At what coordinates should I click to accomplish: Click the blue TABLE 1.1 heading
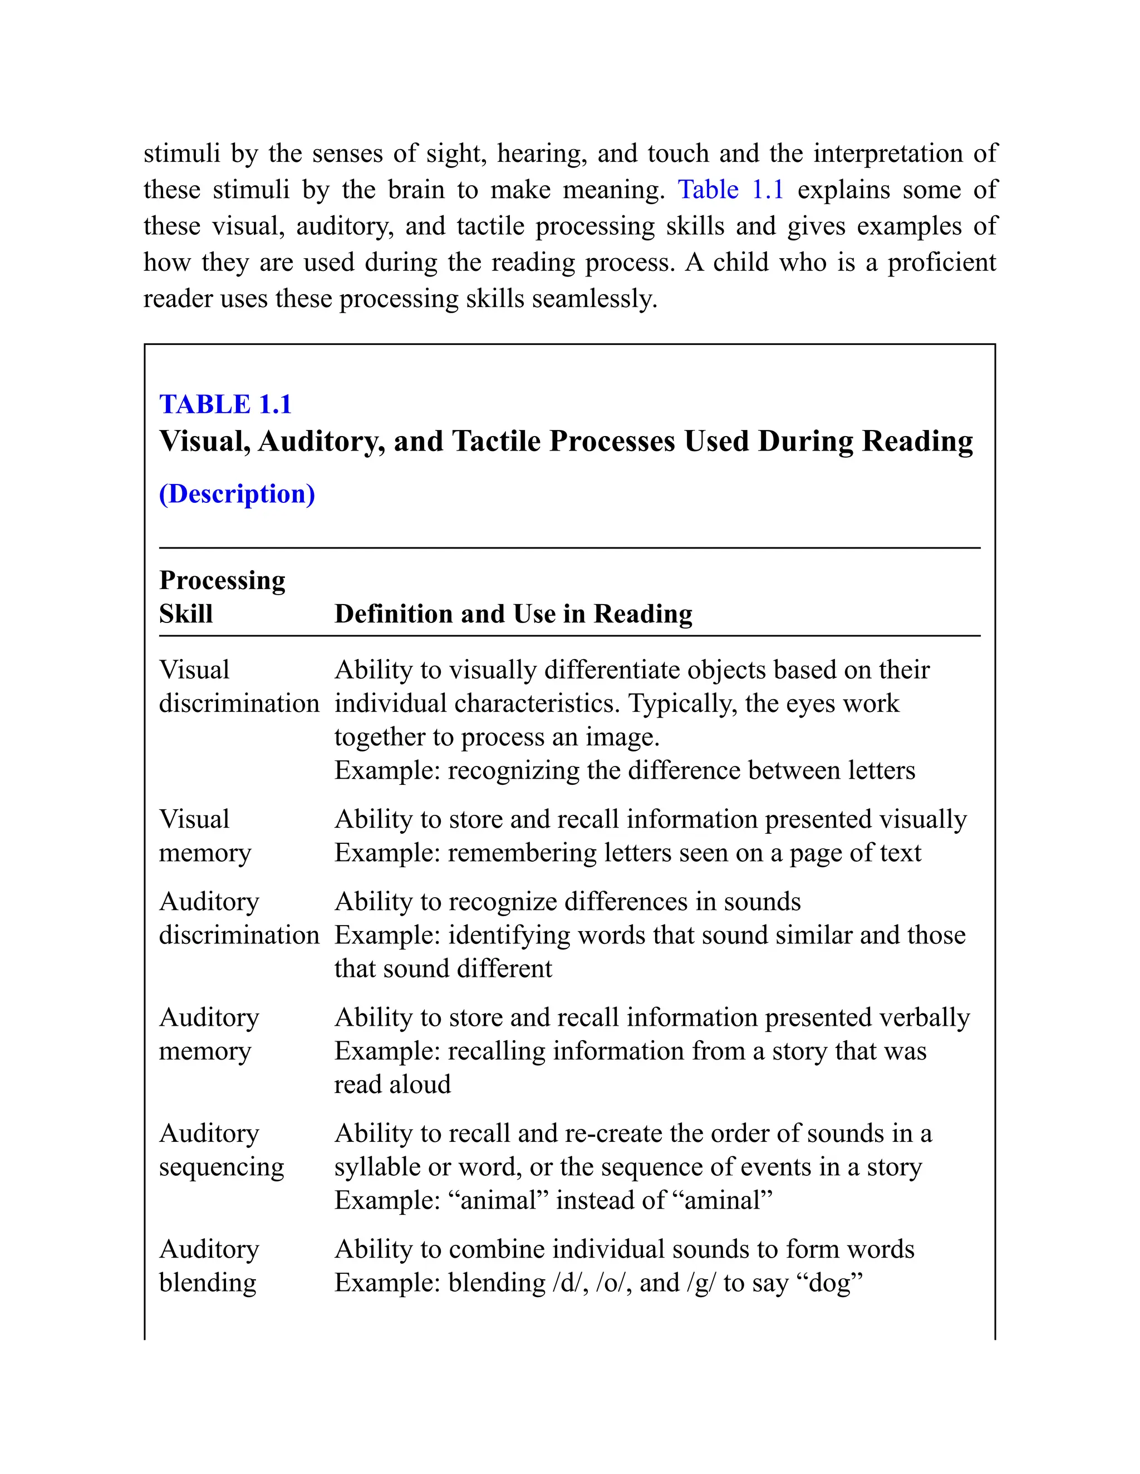tap(225, 404)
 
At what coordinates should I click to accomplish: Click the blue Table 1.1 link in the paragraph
tap(730, 190)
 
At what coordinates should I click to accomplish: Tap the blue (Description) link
tap(237, 494)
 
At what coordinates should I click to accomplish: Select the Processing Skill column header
tap(222, 597)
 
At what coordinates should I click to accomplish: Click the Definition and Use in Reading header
tap(513, 614)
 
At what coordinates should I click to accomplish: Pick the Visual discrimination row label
tap(238, 687)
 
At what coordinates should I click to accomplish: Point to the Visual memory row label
tap(205, 836)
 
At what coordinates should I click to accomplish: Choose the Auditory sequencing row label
tap(222, 1150)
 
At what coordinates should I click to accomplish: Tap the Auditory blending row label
tap(208, 1266)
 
